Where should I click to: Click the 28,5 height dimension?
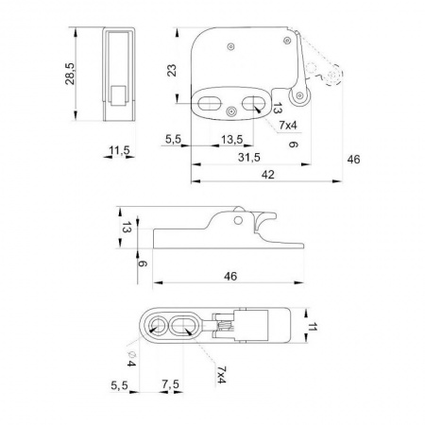click(70, 74)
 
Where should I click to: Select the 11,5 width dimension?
click(119, 150)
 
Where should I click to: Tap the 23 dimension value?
click(172, 71)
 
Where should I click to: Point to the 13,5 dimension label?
click(231, 139)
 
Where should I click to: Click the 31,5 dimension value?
click(249, 157)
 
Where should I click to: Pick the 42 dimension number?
click(267, 175)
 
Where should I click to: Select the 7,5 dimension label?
click(170, 384)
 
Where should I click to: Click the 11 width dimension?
click(312, 327)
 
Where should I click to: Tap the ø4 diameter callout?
click(131, 359)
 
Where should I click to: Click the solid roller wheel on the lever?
click(300, 95)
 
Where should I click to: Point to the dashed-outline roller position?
click(332, 75)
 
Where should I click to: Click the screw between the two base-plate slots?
click(231, 111)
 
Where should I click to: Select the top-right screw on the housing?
click(287, 41)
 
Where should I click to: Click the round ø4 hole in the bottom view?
click(157, 325)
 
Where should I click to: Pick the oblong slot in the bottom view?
click(182, 325)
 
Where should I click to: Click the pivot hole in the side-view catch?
click(238, 220)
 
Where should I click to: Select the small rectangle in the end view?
click(118, 95)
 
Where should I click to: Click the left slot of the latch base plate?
click(209, 103)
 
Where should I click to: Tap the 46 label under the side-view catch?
click(230, 277)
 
